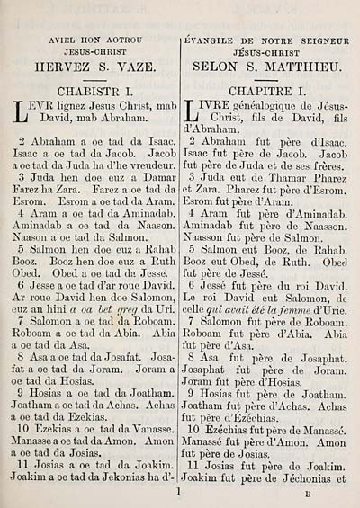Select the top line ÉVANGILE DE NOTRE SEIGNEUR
click(x=267, y=40)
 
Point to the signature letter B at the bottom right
click(x=307, y=494)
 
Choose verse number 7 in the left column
click(x=22, y=320)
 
